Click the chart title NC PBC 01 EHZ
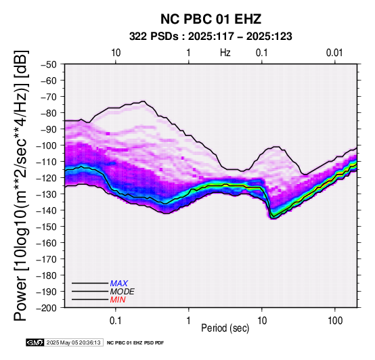click(211, 19)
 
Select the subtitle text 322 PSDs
click(154, 37)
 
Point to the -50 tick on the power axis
click(49, 64)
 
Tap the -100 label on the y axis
click(47, 145)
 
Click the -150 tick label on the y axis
click(47, 227)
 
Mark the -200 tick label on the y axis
click(47, 308)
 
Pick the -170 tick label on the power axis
click(47, 259)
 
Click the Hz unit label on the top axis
click(225, 53)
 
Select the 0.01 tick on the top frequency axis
click(334, 53)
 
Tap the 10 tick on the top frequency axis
click(116, 53)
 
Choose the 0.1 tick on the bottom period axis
click(116, 321)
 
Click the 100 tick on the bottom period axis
click(335, 321)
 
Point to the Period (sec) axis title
click(225, 328)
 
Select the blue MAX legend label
click(119, 284)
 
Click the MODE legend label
click(123, 292)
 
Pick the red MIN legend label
click(118, 300)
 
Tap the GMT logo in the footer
click(35, 342)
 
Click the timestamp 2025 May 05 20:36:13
click(73, 342)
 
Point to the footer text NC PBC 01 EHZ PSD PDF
click(135, 343)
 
